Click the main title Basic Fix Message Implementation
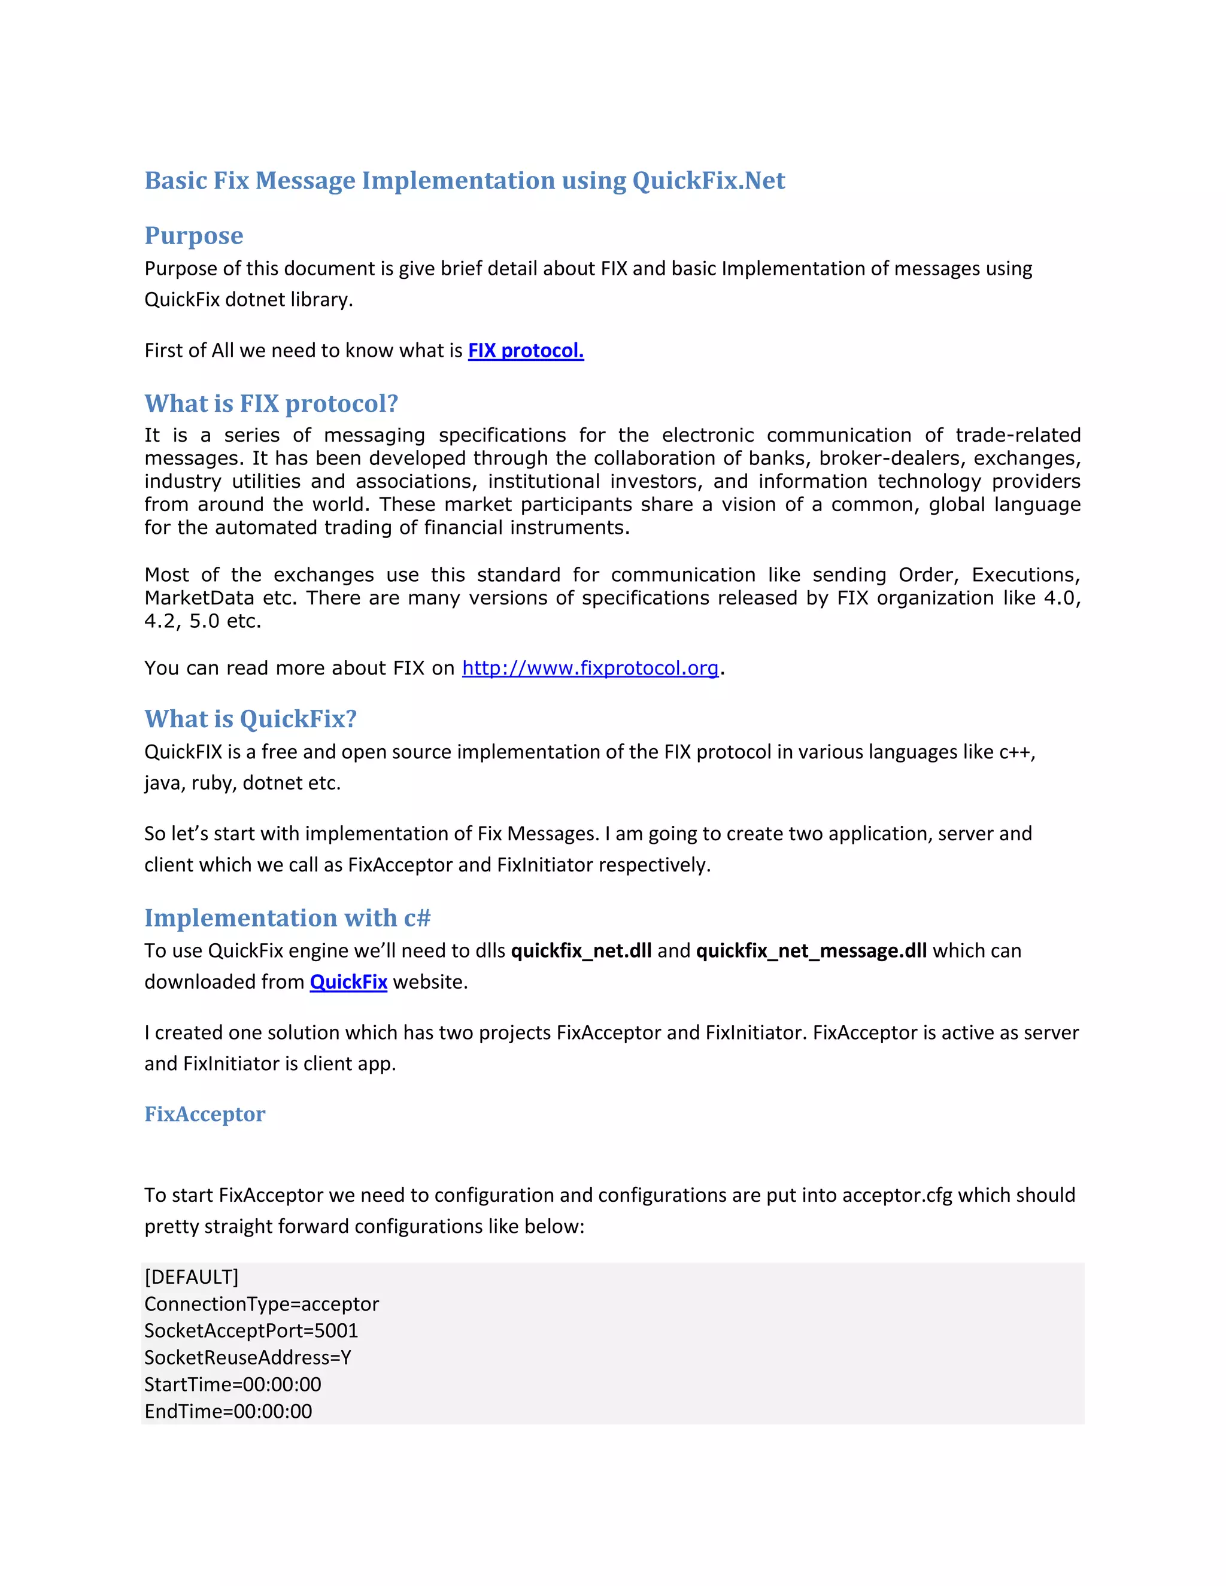464,181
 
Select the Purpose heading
193,236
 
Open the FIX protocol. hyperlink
525,351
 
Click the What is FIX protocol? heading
271,404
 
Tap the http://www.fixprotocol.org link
590,668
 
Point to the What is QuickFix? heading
251,719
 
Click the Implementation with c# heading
287,918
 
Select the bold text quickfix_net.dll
581,950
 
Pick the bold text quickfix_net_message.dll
811,950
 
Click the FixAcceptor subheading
205,1114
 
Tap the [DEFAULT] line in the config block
191,1277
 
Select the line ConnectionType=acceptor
262,1304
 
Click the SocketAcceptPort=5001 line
251,1330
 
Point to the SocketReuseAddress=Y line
248,1357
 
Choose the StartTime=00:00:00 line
232,1384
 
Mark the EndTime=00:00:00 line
228,1411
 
